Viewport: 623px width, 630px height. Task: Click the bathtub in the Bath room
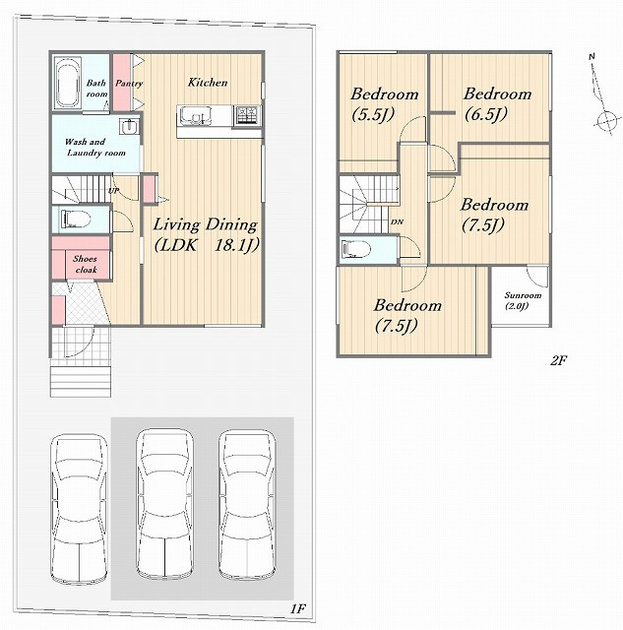click(68, 83)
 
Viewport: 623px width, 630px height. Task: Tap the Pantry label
click(129, 83)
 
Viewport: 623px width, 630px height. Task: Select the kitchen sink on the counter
click(196, 115)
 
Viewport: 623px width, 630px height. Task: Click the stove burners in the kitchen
click(247, 114)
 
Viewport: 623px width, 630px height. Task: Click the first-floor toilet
click(75, 220)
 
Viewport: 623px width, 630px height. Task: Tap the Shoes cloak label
click(86, 264)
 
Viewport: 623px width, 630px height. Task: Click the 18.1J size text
click(236, 245)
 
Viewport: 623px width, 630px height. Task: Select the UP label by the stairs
click(113, 190)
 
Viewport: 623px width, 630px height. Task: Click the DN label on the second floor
click(397, 221)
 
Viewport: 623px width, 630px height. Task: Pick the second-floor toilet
click(355, 250)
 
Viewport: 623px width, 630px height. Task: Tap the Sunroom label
click(523, 295)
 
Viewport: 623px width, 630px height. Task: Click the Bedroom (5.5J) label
click(385, 104)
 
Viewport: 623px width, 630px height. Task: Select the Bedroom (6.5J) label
click(497, 104)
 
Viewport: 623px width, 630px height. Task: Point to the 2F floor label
click(558, 360)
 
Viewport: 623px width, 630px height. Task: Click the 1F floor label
click(298, 608)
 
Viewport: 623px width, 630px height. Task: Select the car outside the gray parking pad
click(79, 510)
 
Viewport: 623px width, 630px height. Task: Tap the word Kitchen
click(208, 83)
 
